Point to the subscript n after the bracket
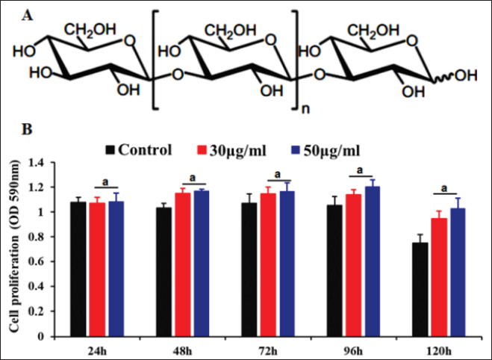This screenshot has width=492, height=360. click(305, 108)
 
